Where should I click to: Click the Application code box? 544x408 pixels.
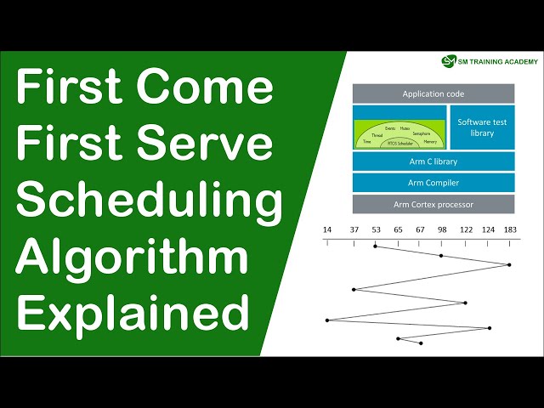click(433, 93)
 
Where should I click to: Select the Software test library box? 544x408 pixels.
click(482, 127)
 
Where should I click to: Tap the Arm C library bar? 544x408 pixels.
click(433, 161)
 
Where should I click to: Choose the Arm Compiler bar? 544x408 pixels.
click(433, 183)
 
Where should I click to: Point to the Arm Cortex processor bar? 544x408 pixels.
click(433, 204)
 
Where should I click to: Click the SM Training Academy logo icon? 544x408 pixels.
click(448, 61)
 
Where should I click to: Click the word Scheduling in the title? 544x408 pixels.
click(150, 201)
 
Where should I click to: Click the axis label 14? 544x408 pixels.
click(327, 230)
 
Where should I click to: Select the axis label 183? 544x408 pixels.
click(509, 230)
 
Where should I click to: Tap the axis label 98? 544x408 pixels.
click(442, 230)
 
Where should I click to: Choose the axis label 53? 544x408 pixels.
click(376, 230)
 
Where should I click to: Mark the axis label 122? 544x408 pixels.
click(466, 230)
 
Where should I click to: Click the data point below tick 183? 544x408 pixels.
click(509, 265)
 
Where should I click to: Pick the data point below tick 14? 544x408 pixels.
click(327, 320)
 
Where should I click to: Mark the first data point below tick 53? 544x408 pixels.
click(376, 246)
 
